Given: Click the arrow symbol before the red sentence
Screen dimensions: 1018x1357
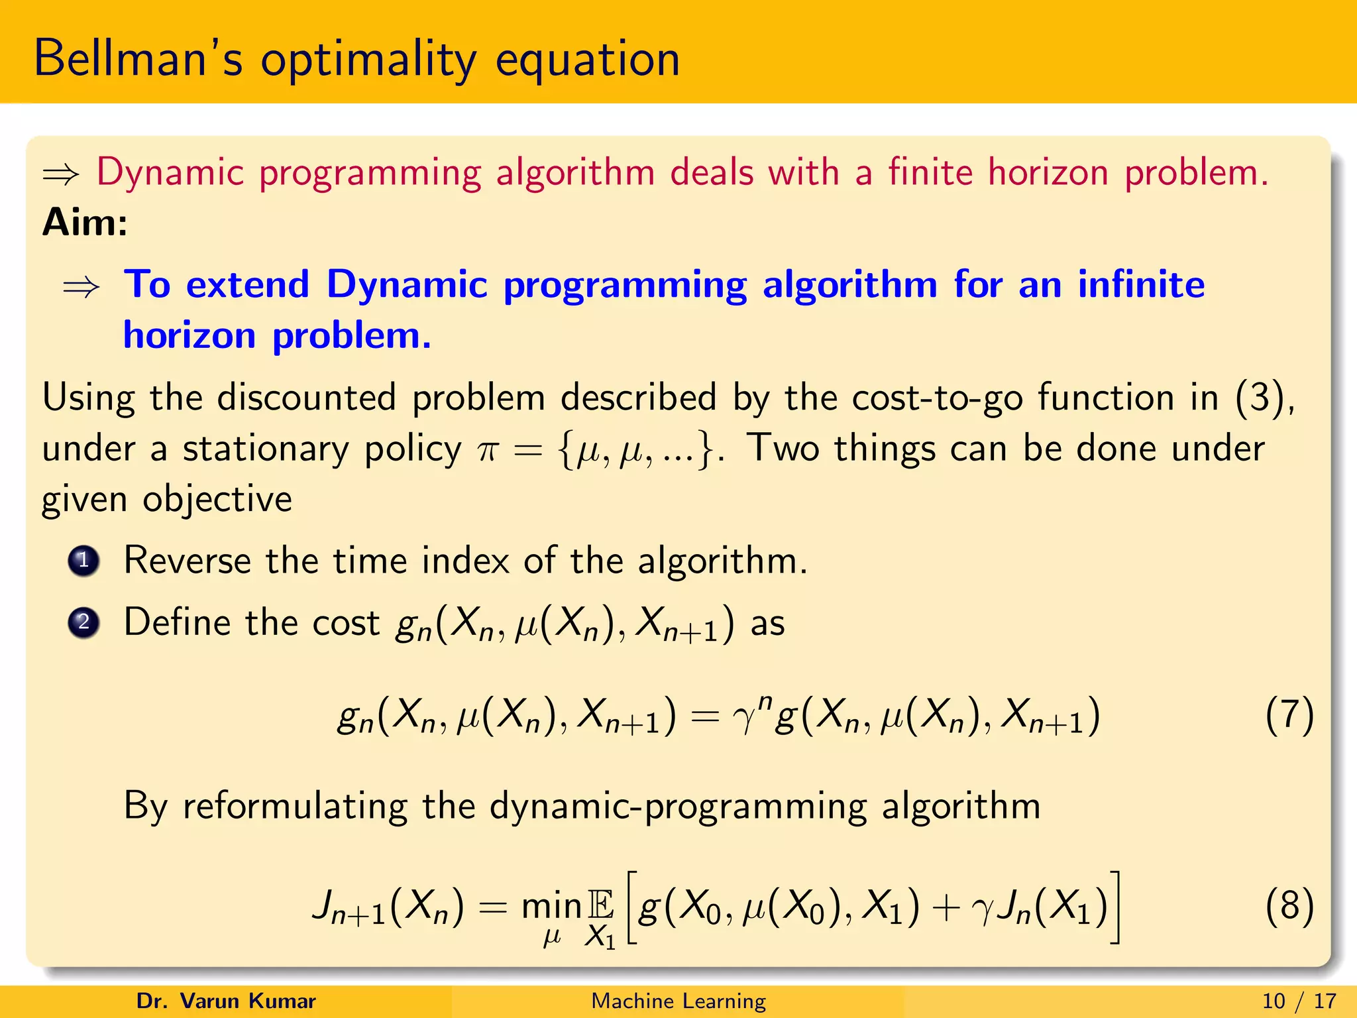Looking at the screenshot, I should click(61, 174).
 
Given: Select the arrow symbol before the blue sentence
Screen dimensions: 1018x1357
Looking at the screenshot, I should click(81, 287).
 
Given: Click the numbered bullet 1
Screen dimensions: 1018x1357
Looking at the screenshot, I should click(83, 561).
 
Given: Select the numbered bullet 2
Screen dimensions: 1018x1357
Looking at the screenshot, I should click(83, 622).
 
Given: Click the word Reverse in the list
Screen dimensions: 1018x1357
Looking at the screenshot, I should click(187, 560).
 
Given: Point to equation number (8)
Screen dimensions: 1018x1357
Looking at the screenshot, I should click(1289, 905).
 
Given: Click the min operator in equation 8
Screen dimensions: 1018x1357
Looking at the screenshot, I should click(551, 906).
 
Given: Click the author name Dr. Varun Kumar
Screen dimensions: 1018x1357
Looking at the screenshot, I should click(226, 1001).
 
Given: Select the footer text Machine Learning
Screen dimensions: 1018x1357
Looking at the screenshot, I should click(678, 1001).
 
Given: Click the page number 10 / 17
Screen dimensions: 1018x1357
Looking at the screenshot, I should click(1299, 1001).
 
